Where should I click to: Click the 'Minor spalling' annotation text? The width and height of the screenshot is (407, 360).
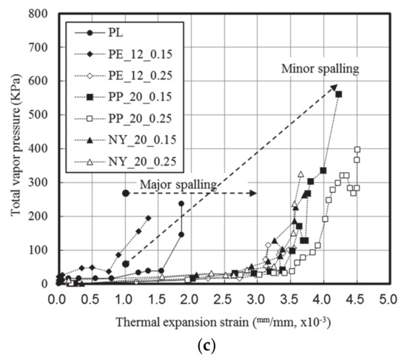point(320,69)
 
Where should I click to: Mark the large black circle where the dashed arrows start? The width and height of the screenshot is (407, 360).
point(126,193)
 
